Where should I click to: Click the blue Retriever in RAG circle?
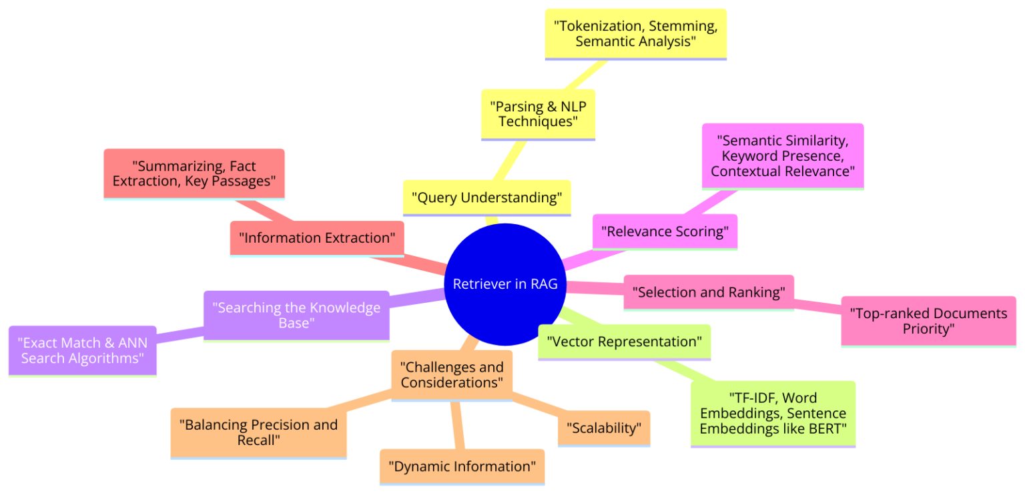[504, 284]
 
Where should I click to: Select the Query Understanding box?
[486, 197]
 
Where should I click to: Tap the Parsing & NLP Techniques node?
[537, 113]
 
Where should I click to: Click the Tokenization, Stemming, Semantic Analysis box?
[635, 33]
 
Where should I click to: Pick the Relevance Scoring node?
[665, 231]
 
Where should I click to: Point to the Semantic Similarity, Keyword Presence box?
[782, 155]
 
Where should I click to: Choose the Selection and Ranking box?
[708, 292]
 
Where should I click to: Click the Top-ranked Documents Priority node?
[928, 321]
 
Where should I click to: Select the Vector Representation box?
[624, 342]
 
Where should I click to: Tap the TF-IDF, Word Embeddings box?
[773, 414]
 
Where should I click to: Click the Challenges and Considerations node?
[452, 375]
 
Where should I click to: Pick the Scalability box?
[604, 428]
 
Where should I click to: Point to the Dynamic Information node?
[462, 466]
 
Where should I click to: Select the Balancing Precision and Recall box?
[258, 432]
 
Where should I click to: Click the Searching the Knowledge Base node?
[296, 316]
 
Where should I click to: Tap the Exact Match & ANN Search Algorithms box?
[83, 350]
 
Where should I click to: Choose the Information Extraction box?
[317, 238]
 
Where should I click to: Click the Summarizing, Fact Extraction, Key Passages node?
[194, 173]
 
